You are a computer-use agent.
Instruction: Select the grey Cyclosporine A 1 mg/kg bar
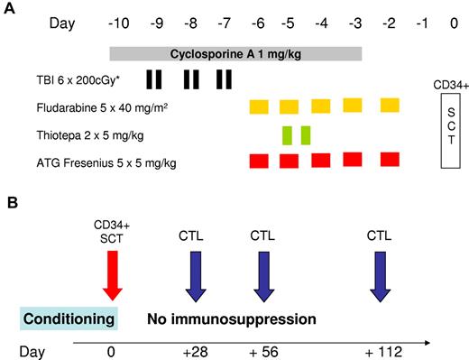coord(235,54)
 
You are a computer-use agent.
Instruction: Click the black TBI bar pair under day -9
coord(154,80)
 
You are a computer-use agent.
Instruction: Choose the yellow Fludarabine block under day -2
coord(390,106)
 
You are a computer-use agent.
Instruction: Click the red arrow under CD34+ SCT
coord(111,274)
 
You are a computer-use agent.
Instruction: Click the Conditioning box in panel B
coord(69,318)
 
